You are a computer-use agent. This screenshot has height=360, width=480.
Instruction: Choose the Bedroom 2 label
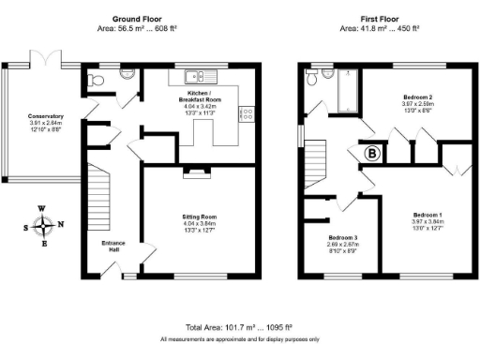pyautogui.click(x=417, y=97)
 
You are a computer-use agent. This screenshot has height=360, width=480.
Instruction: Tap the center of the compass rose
pyautogui.click(x=43, y=225)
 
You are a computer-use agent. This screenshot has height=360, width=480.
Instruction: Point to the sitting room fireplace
pyautogui.click(x=198, y=171)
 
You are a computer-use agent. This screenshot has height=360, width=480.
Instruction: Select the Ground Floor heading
pyautogui.click(x=139, y=19)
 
